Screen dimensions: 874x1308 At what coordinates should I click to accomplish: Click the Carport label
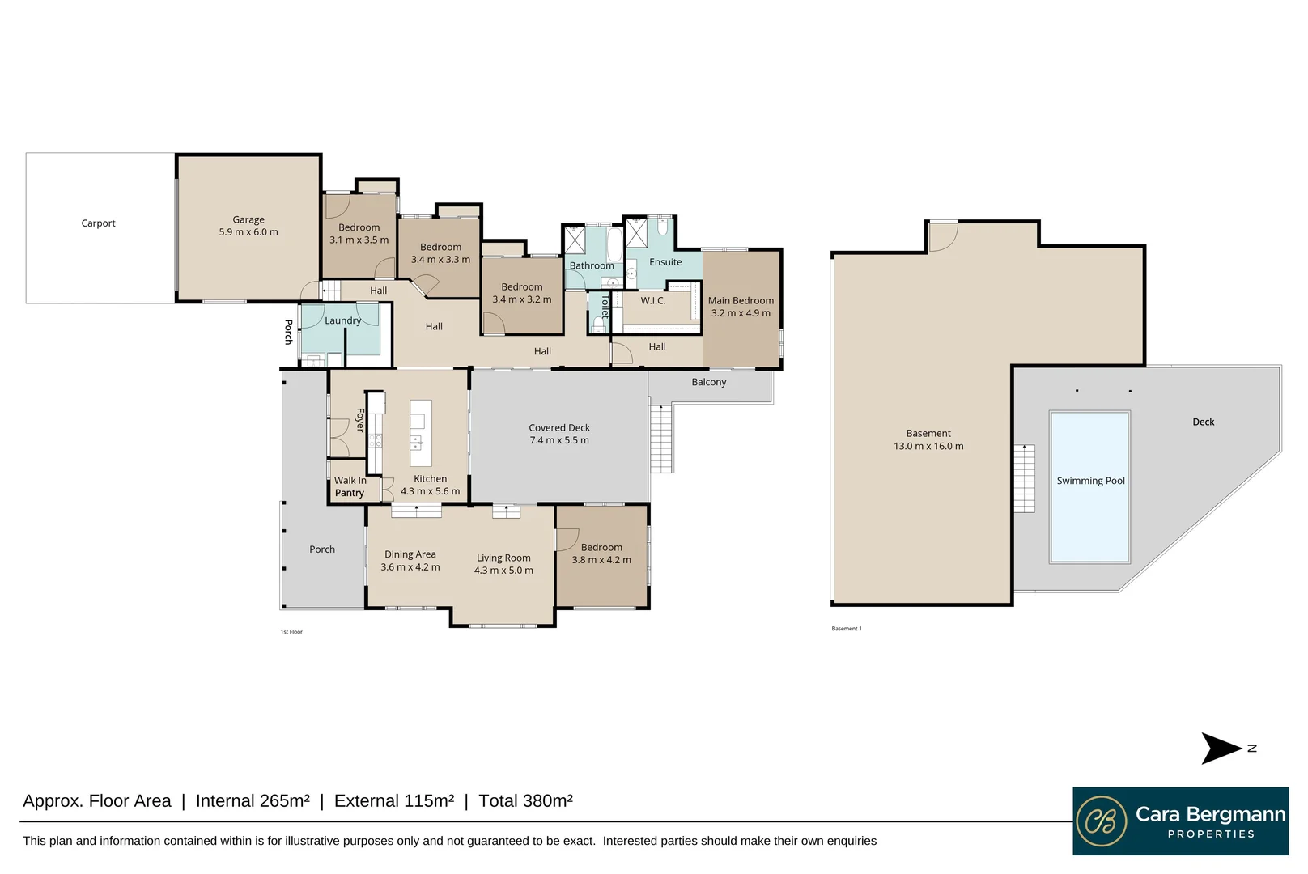coord(98,223)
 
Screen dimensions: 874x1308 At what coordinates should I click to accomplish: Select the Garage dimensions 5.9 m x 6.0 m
coord(248,232)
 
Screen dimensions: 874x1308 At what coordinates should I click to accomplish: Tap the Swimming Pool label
coord(1090,481)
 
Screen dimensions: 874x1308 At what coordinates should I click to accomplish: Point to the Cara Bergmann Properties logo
coord(1180,821)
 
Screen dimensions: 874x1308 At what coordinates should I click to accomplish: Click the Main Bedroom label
coord(741,300)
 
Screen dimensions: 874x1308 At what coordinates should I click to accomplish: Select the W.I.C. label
coord(652,300)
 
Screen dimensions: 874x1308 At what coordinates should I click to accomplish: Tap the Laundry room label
coord(342,320)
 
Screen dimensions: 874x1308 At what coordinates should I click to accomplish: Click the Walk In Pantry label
coord(350,486)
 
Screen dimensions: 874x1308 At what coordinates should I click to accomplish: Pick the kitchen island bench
coord(420,433)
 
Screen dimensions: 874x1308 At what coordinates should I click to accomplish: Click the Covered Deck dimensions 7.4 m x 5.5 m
coord(559,440)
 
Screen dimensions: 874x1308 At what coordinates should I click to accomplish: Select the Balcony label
coord(708,382)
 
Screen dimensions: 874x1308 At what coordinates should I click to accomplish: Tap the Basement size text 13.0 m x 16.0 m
coord(928,446)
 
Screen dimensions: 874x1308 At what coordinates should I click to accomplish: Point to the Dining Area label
coord(410,554)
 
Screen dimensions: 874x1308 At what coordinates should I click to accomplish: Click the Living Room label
coord(503,558)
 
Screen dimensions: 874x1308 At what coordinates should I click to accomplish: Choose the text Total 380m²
coord(525,801)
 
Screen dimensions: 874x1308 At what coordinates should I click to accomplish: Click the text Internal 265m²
coord(253,801)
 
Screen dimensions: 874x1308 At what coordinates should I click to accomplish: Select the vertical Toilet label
coord(604,306)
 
